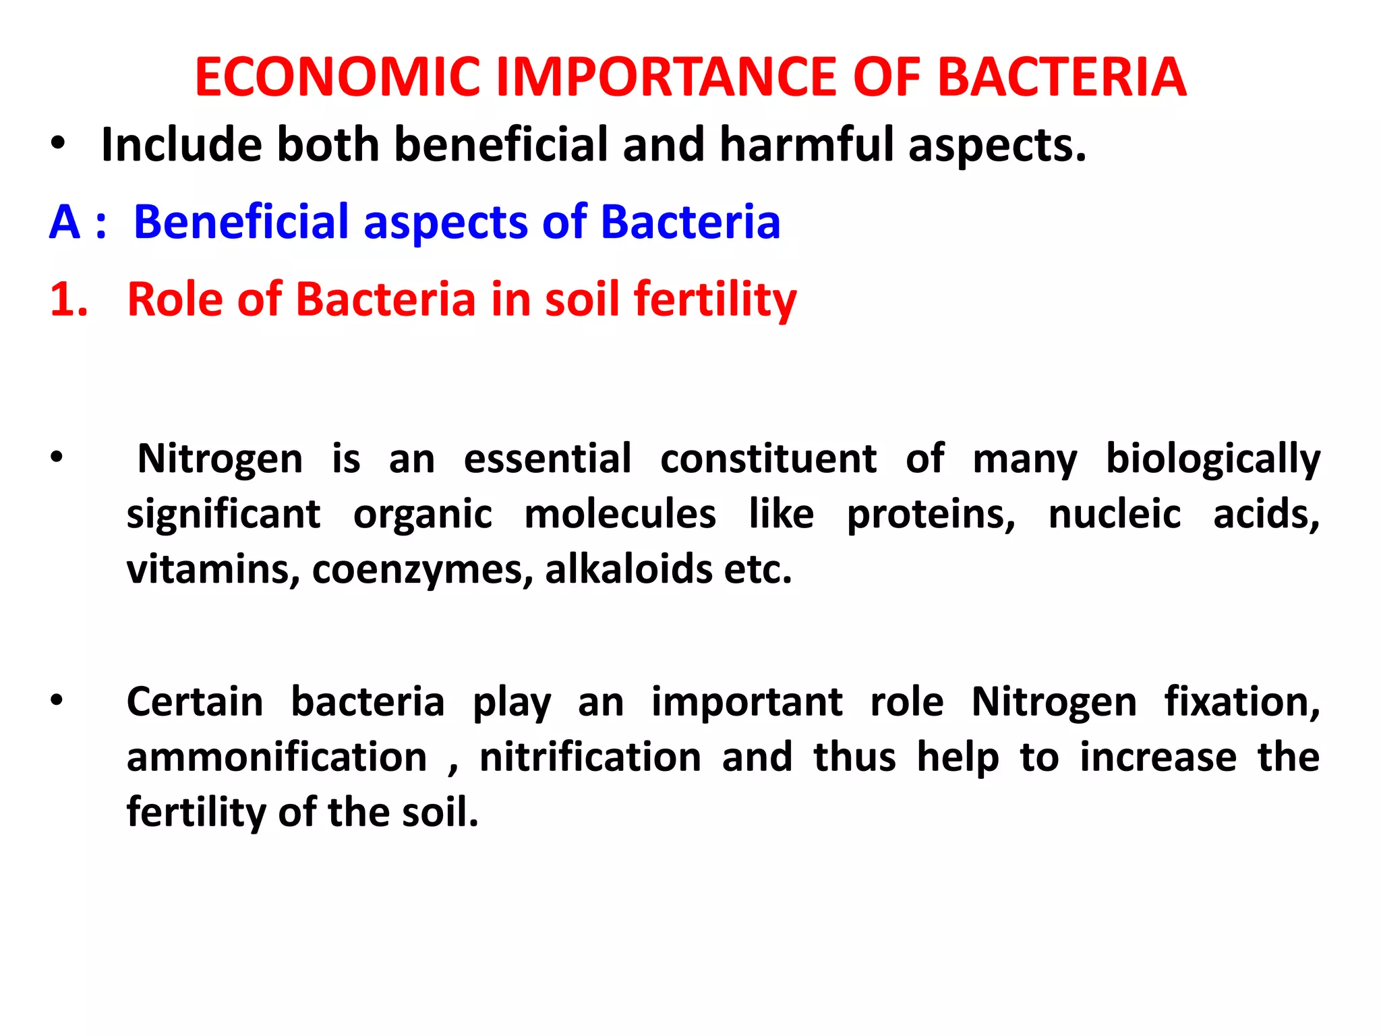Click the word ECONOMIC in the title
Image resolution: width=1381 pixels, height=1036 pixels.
tap(338, 77)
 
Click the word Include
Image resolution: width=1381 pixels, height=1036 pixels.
tap(181, 145)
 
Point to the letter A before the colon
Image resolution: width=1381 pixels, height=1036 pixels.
tap(65, 222)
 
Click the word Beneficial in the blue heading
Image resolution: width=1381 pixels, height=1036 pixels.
tap(240, 222)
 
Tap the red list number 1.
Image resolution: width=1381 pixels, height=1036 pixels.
tap(68, 299)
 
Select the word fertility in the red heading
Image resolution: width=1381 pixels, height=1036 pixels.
tap(715, 299)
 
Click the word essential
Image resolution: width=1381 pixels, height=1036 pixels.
tap(548, 459)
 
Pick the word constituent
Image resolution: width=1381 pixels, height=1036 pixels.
tap(768, 459)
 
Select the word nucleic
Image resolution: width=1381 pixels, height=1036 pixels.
tap(1115, 514)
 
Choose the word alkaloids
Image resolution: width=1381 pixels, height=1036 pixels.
tap(628, 569)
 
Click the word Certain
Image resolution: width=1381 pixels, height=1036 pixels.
tap(195, 702)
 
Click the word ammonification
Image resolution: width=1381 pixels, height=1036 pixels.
tap(277, 757)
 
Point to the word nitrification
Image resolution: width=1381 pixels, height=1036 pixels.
tap(591, 757)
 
